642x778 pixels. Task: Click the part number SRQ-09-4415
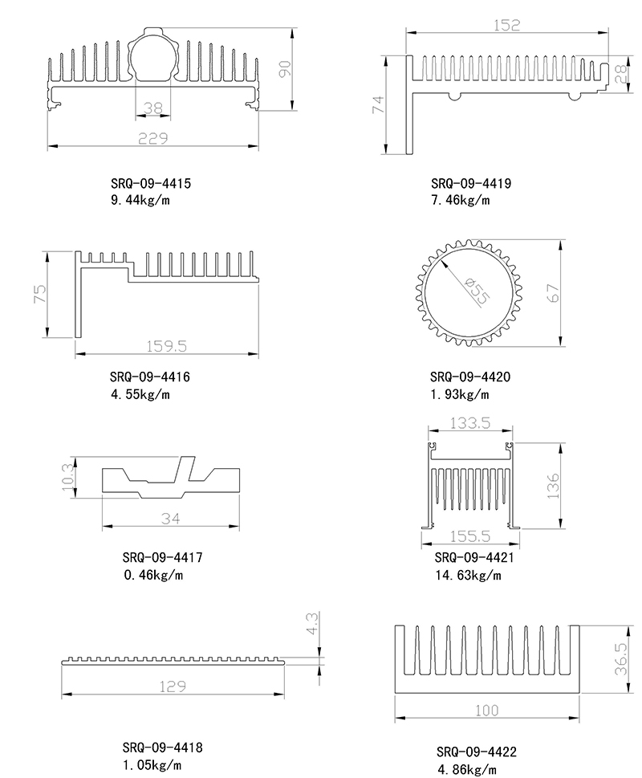click(151, 184)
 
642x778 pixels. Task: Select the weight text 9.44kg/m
click(140, 200)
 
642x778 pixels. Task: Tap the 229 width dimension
click(152, 138)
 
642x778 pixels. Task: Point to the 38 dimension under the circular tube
click(152, 108)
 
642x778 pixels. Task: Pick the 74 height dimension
click(379, 104)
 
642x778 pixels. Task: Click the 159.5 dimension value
click(166, 346)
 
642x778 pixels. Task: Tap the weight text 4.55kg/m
click(140, 394)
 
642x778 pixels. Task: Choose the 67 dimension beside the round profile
click(554, 293)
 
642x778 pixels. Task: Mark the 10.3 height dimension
click(68, 479)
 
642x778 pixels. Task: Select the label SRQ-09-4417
click(163, 558)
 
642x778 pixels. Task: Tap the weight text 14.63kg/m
click(468, 575)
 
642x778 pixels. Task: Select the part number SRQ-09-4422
click(477, 752)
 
